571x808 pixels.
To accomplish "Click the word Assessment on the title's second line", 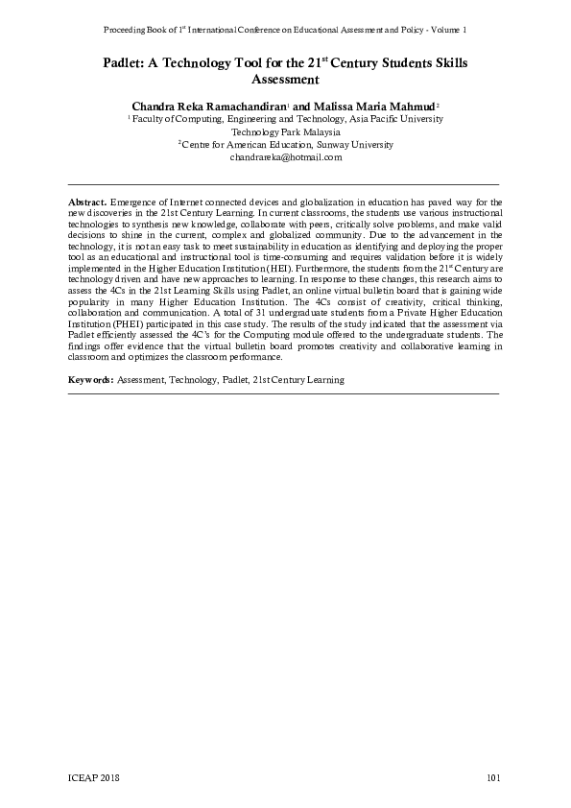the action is click(285, 80).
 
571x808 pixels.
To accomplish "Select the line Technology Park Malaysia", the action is click(285, 131).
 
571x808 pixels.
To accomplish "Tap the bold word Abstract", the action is click(87, 204).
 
